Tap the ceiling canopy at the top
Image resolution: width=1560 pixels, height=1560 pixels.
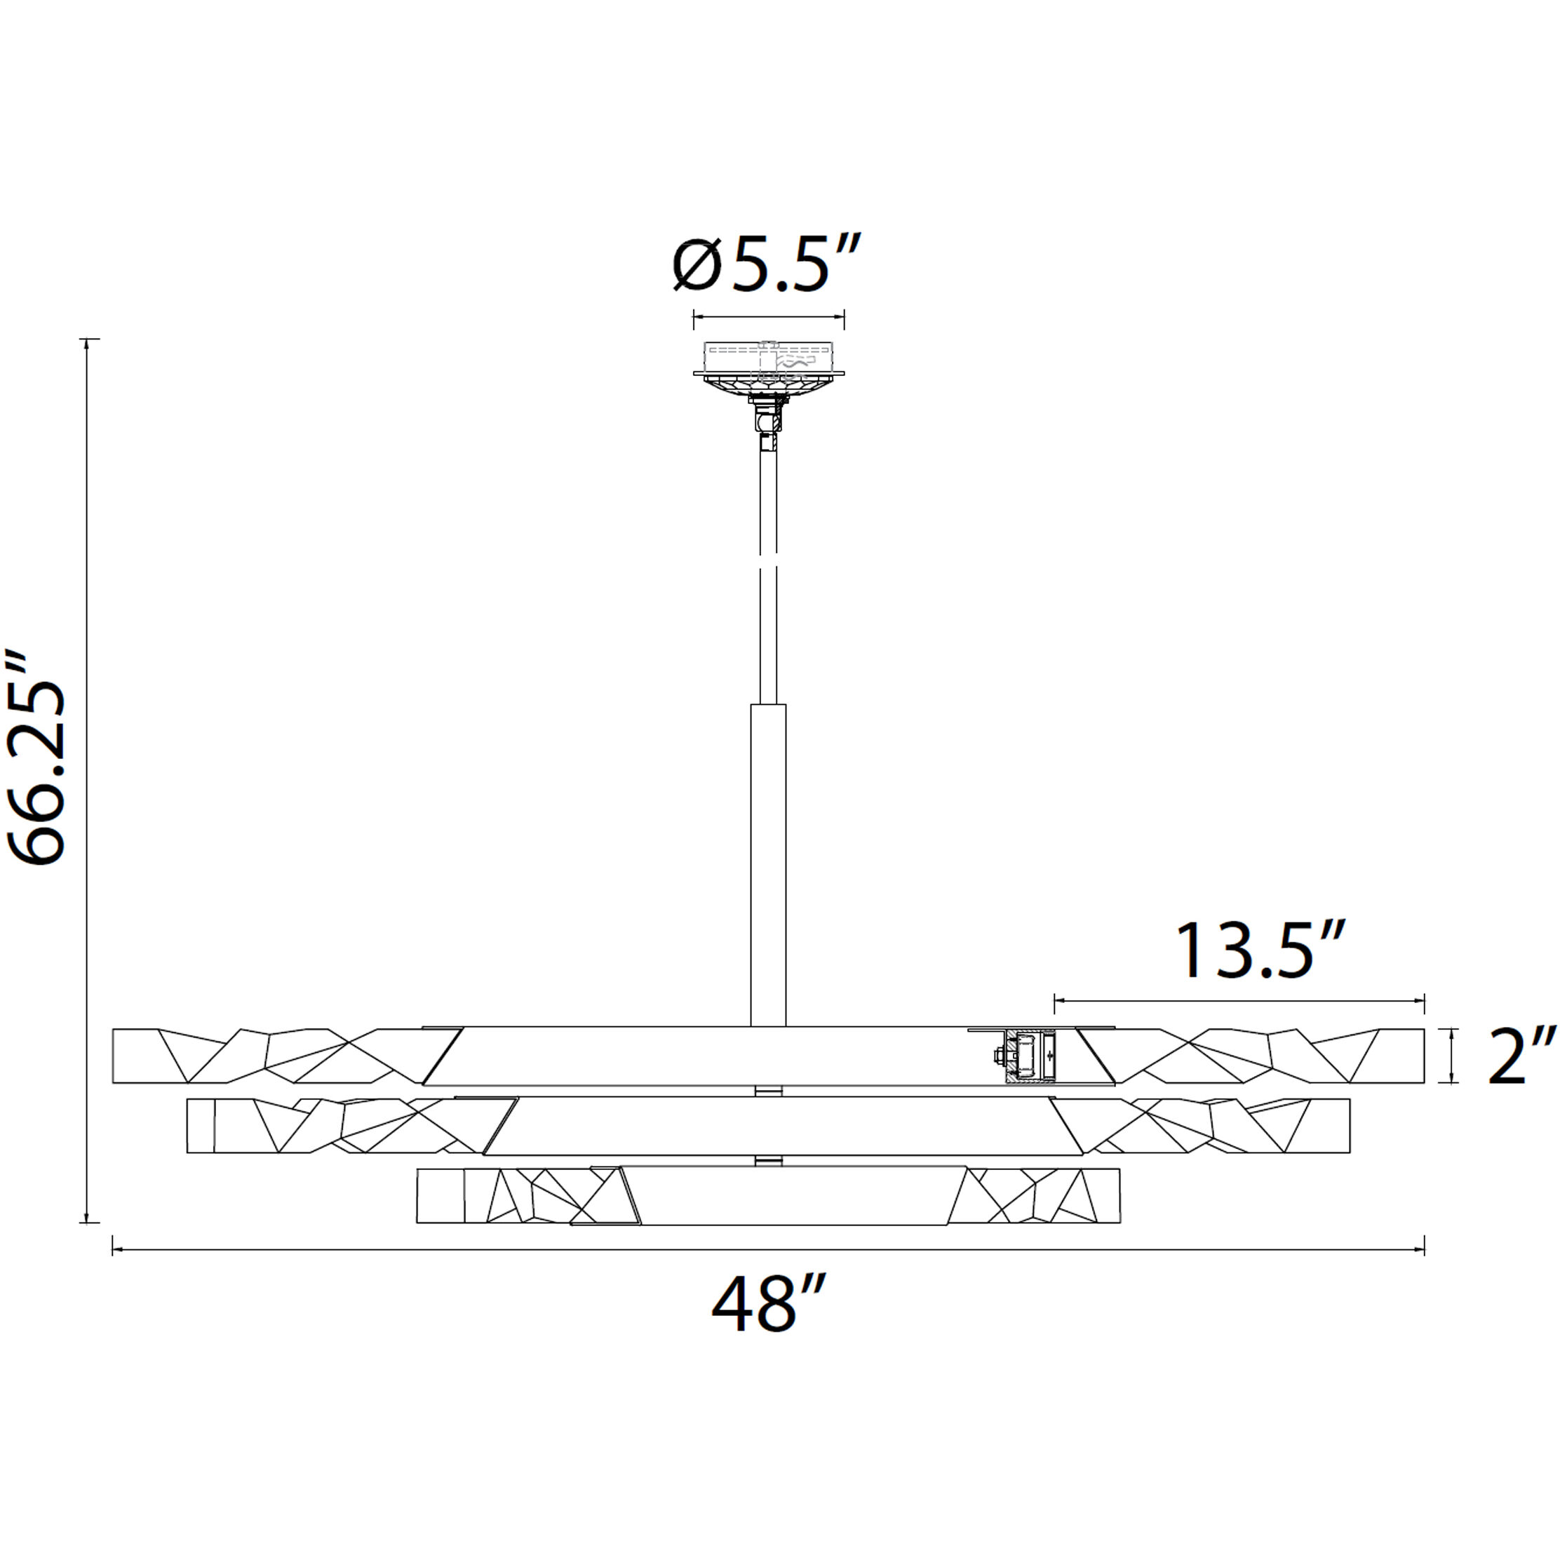click(x=769, y=368)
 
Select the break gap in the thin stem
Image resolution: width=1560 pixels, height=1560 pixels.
click(x=768, y=560)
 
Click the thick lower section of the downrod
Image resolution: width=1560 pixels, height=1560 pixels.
click(x=768, y=864)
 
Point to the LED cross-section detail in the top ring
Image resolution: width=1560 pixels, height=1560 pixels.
click(x=1028, y=1057)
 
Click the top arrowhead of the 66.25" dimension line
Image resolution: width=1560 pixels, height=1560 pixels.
click(x=86, y=342)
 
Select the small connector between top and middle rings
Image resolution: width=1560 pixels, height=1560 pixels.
click(x=768, y=1091)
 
